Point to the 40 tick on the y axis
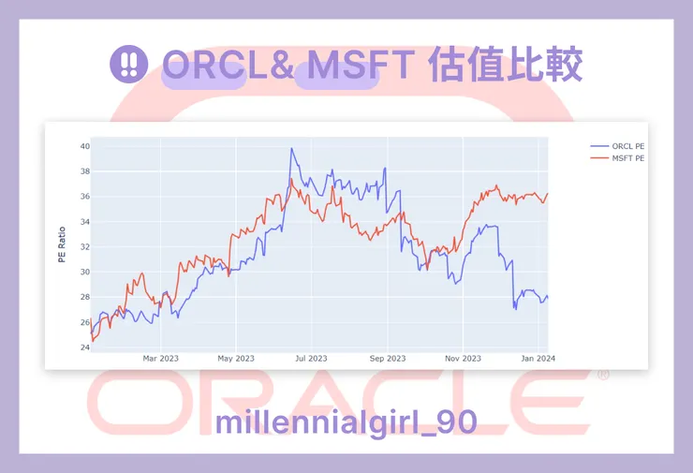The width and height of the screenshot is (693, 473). point(84,146)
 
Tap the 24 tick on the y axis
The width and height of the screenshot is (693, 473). point(84,347)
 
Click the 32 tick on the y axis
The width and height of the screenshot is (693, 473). point(84,247)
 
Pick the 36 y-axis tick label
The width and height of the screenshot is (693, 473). point(84,197)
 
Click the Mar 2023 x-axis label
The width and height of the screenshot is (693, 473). point(160,358)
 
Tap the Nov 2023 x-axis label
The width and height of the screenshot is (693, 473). point(463,358)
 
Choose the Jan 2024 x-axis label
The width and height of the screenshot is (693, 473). point(538,358)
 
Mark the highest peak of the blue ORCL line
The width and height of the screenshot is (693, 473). point(292,149)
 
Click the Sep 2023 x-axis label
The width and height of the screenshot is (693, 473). point(388,358)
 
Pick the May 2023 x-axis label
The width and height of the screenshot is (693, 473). point(236,358)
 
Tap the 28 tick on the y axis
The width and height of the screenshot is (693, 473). point(84,297)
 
